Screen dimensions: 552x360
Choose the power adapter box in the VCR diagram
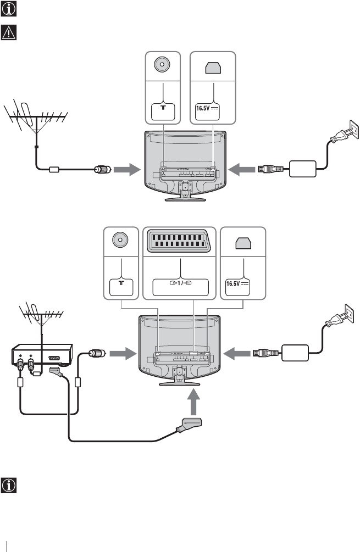tap(297, 352)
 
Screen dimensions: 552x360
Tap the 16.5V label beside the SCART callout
tap(239, 285)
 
